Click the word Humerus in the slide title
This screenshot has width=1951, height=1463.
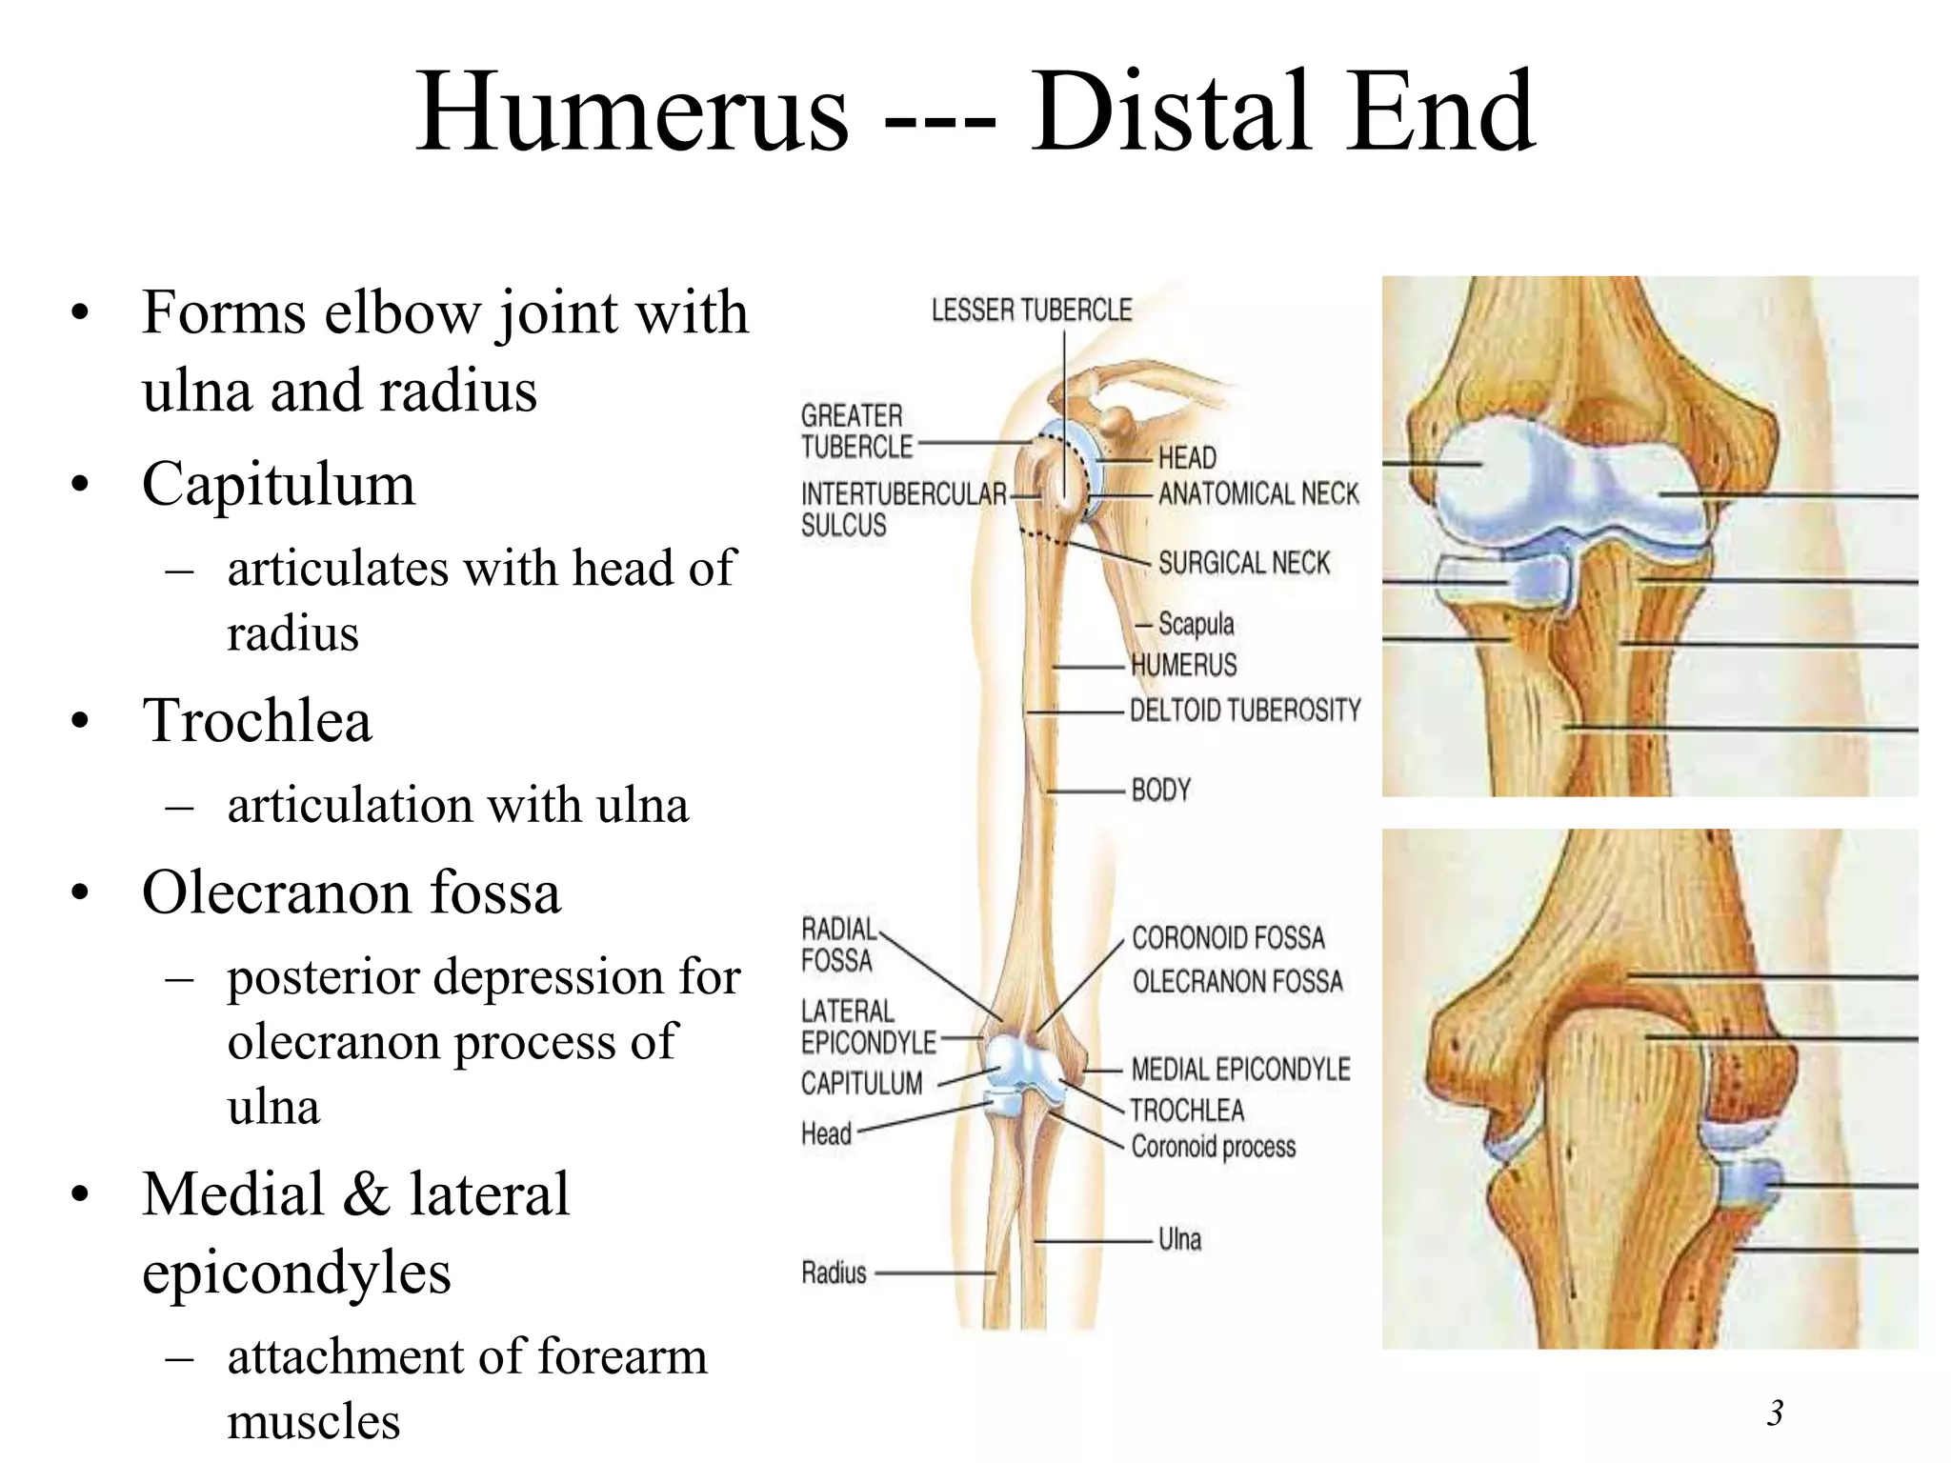(632, 112)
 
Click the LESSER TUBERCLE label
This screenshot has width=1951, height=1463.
(1032, 311)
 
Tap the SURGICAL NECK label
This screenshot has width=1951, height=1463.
(1244, 563)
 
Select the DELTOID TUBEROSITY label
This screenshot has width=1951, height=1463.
(1245, 711)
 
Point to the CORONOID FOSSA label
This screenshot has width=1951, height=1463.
(1228, 938)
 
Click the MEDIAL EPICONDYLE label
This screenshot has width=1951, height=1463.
(1240, 1070)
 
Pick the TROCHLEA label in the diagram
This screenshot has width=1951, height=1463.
(1187, 1111)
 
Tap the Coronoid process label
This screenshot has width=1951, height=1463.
(1214, 1147)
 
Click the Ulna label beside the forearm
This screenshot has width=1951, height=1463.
(1179, 1239)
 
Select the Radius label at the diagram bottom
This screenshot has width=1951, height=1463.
(834, 1273)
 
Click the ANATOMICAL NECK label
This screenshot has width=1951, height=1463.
(1258, 494)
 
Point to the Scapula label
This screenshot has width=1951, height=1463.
(1196, 624)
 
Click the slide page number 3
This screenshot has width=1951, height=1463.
(1775, 1413)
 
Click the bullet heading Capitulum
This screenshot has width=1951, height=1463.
(278, 484)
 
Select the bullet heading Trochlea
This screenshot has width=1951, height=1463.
(256, 720)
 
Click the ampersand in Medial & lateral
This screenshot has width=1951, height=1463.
(368, 1194)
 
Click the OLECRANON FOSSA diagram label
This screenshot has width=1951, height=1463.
(1237, 981)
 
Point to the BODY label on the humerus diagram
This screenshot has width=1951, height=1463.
(1161, 791)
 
